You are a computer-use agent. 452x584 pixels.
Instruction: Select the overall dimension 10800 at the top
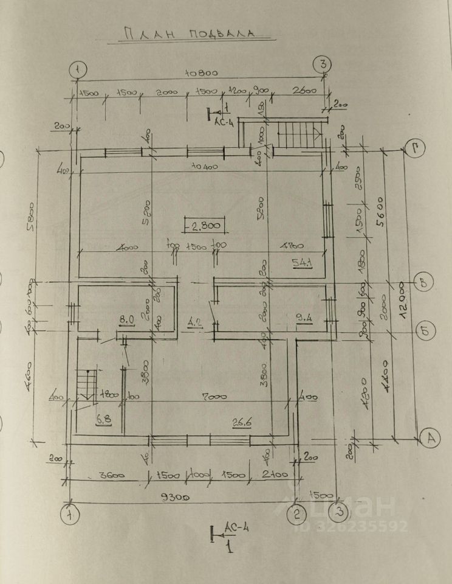(x=202, y=73)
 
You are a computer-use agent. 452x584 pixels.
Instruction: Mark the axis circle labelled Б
(x=423, y=331)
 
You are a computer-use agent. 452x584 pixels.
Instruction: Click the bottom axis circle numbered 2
(x=296, y=514)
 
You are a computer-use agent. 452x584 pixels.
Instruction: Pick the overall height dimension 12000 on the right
(x=402, y=298)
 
